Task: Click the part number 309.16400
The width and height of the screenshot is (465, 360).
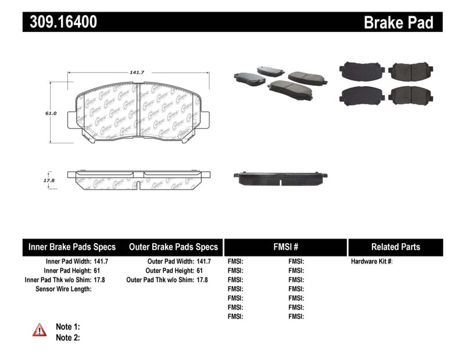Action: tap(60, 22)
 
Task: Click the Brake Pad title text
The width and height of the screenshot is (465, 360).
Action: tap(398, 23)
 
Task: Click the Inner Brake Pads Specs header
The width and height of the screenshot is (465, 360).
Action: tap(72, 247)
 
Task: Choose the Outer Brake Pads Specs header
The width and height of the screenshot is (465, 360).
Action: tap(173, 247)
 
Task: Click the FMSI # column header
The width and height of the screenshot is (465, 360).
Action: tap(285, 247)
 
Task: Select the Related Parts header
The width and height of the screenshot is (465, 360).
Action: tap(395, 247)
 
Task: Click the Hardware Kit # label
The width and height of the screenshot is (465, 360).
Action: tap(372, 262)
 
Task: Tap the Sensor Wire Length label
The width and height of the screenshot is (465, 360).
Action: tap(64, 289)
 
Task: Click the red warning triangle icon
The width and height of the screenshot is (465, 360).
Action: tap(39, 330)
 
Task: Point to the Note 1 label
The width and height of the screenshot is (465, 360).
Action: tap(67, 327)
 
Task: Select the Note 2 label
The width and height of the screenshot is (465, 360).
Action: tap(67, 337)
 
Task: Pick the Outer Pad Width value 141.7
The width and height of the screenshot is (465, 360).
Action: tap(205, 262)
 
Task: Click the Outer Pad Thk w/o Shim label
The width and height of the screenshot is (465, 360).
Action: tap(160, 280)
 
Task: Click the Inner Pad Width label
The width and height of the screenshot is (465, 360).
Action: tap(68, 262)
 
